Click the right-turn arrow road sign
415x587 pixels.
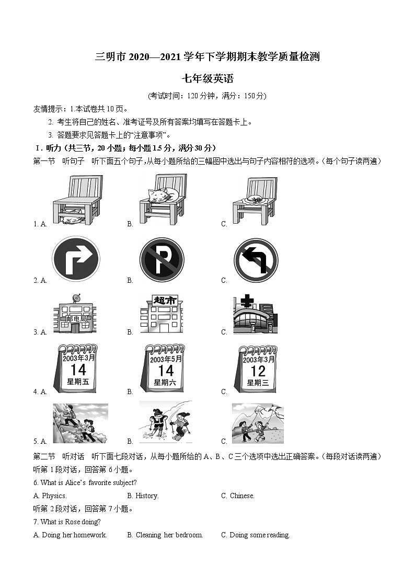(x=76, y=259)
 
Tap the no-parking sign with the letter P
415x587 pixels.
(x=162, y=260)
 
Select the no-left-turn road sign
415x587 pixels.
(x=256, y=260)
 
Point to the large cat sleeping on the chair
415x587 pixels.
(x=162, y=195)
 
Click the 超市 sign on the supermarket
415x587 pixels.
(x=162, y=300)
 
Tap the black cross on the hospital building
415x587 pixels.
(x=247, y=302)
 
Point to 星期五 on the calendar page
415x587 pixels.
(x=78, y=382)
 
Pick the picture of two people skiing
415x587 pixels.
(x=165, y=422)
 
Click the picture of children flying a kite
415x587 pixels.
(x=258, y=423)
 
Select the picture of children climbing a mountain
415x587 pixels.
(x=80, y=423)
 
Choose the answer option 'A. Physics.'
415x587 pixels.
(x=50, y=496)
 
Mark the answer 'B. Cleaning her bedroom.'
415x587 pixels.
(x=165, y=535)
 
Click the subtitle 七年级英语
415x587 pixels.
(x=207, y=79)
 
